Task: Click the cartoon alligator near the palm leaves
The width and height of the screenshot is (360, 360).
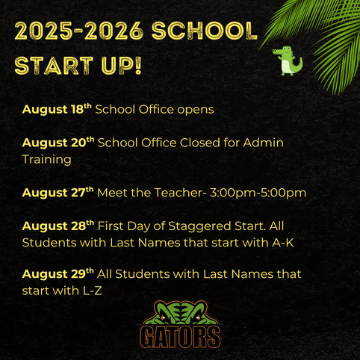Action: coord(288,60)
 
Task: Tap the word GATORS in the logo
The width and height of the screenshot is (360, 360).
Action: coord(180,337)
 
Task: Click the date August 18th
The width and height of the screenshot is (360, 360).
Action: coord(57,109)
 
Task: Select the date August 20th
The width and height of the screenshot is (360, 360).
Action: coord(58,143)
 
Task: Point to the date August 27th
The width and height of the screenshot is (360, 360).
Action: coord(58,193)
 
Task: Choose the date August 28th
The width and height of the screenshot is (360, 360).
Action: coord(58,226)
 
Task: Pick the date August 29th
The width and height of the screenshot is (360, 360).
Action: coord(58,274)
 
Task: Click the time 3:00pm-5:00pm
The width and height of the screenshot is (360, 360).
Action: coord(258,193)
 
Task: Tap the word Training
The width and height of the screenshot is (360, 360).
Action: coord(46,160)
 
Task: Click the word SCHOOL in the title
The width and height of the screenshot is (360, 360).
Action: coord(204,31)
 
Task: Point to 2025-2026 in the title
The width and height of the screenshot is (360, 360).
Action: coord(79,31)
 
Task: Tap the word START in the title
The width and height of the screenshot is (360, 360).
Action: coord(54,66)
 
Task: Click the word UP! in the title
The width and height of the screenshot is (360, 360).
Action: coord(121,66)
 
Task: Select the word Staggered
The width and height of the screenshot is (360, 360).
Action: coord(199,226)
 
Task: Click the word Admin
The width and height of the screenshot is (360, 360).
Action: coord(264,143)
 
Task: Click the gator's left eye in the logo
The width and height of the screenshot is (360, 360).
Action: coord(163,317)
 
